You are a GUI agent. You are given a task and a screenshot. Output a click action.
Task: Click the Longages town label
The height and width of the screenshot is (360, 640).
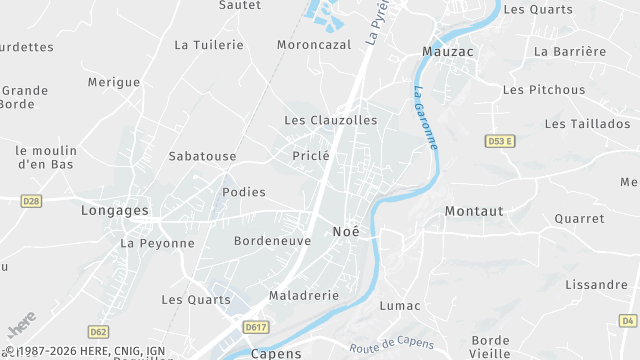(x=114, y=211)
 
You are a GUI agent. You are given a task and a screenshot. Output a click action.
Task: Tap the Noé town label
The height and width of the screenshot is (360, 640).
(x=345, y=231)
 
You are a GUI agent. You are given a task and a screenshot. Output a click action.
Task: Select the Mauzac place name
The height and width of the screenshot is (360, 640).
(x=447, y=51)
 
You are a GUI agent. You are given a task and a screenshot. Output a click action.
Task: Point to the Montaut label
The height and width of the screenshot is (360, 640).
(x=474, y=211)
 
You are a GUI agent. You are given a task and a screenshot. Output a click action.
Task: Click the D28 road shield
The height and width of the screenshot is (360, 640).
(x=31, y=201)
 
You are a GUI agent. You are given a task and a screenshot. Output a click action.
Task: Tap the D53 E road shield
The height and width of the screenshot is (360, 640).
(x=499, y=141)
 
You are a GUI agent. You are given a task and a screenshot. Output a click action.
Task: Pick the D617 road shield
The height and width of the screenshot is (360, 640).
(x=256, y=326)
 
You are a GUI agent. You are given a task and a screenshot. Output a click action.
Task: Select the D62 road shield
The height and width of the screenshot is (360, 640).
(x=98, y=331)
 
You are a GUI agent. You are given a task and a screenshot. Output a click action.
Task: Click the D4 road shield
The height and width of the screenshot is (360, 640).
(x=627, y=320)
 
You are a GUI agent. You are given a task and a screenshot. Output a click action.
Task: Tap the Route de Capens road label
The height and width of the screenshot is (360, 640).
(x=391, y=347)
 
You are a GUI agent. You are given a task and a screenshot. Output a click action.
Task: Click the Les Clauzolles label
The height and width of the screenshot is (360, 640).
(x=331, y=120)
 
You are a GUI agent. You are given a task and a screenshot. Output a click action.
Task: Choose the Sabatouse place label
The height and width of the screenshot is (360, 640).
(x=202, y=156)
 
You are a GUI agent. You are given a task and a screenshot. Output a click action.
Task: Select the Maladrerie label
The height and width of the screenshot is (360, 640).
(x=304, y=296)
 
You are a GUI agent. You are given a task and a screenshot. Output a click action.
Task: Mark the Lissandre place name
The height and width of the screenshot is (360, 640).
(x=595, y=285)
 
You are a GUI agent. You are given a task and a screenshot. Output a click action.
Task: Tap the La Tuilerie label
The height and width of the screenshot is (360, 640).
(x=209, y=45)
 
